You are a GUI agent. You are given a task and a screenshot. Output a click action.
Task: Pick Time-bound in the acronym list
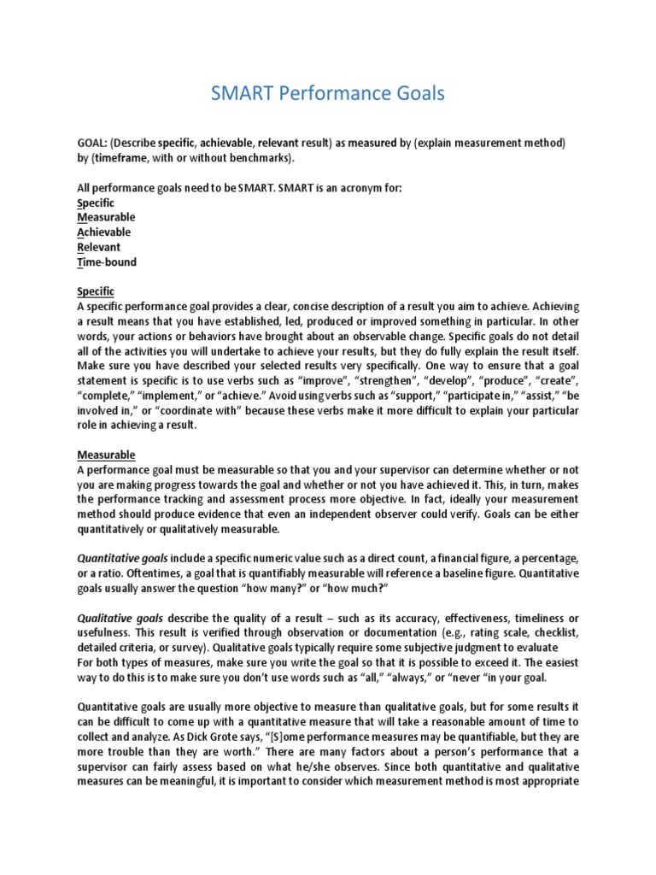pyautogui.click(x=107, y=262)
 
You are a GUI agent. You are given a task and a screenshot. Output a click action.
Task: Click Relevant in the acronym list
pyautogui.click(x=99, y=247)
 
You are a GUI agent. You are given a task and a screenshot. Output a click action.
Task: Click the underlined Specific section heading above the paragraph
pyautogui.click(x=95, y=292)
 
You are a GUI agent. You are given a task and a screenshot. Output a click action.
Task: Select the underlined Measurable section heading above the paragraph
pyautogui.click(x=107, y=455)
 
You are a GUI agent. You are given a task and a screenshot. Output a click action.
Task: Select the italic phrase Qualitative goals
pyautogui.click(x=120, y=618)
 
